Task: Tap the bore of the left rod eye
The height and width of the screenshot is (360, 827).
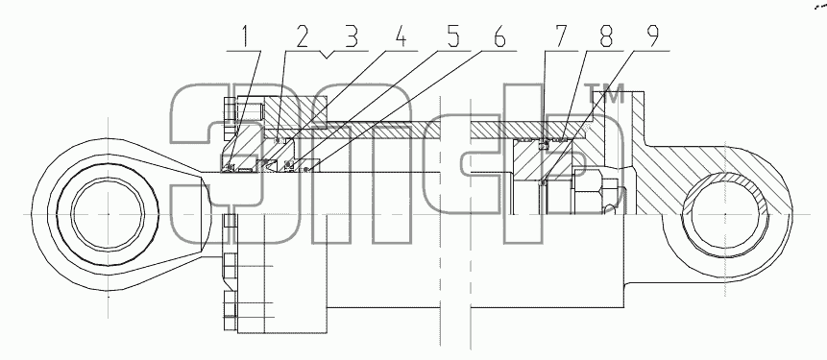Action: (108, 214)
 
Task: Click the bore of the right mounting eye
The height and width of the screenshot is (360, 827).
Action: (725, 214)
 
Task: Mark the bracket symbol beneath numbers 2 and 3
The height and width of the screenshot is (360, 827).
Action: (327, 54)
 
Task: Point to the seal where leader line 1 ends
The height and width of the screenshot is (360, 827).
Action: (230, 168)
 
